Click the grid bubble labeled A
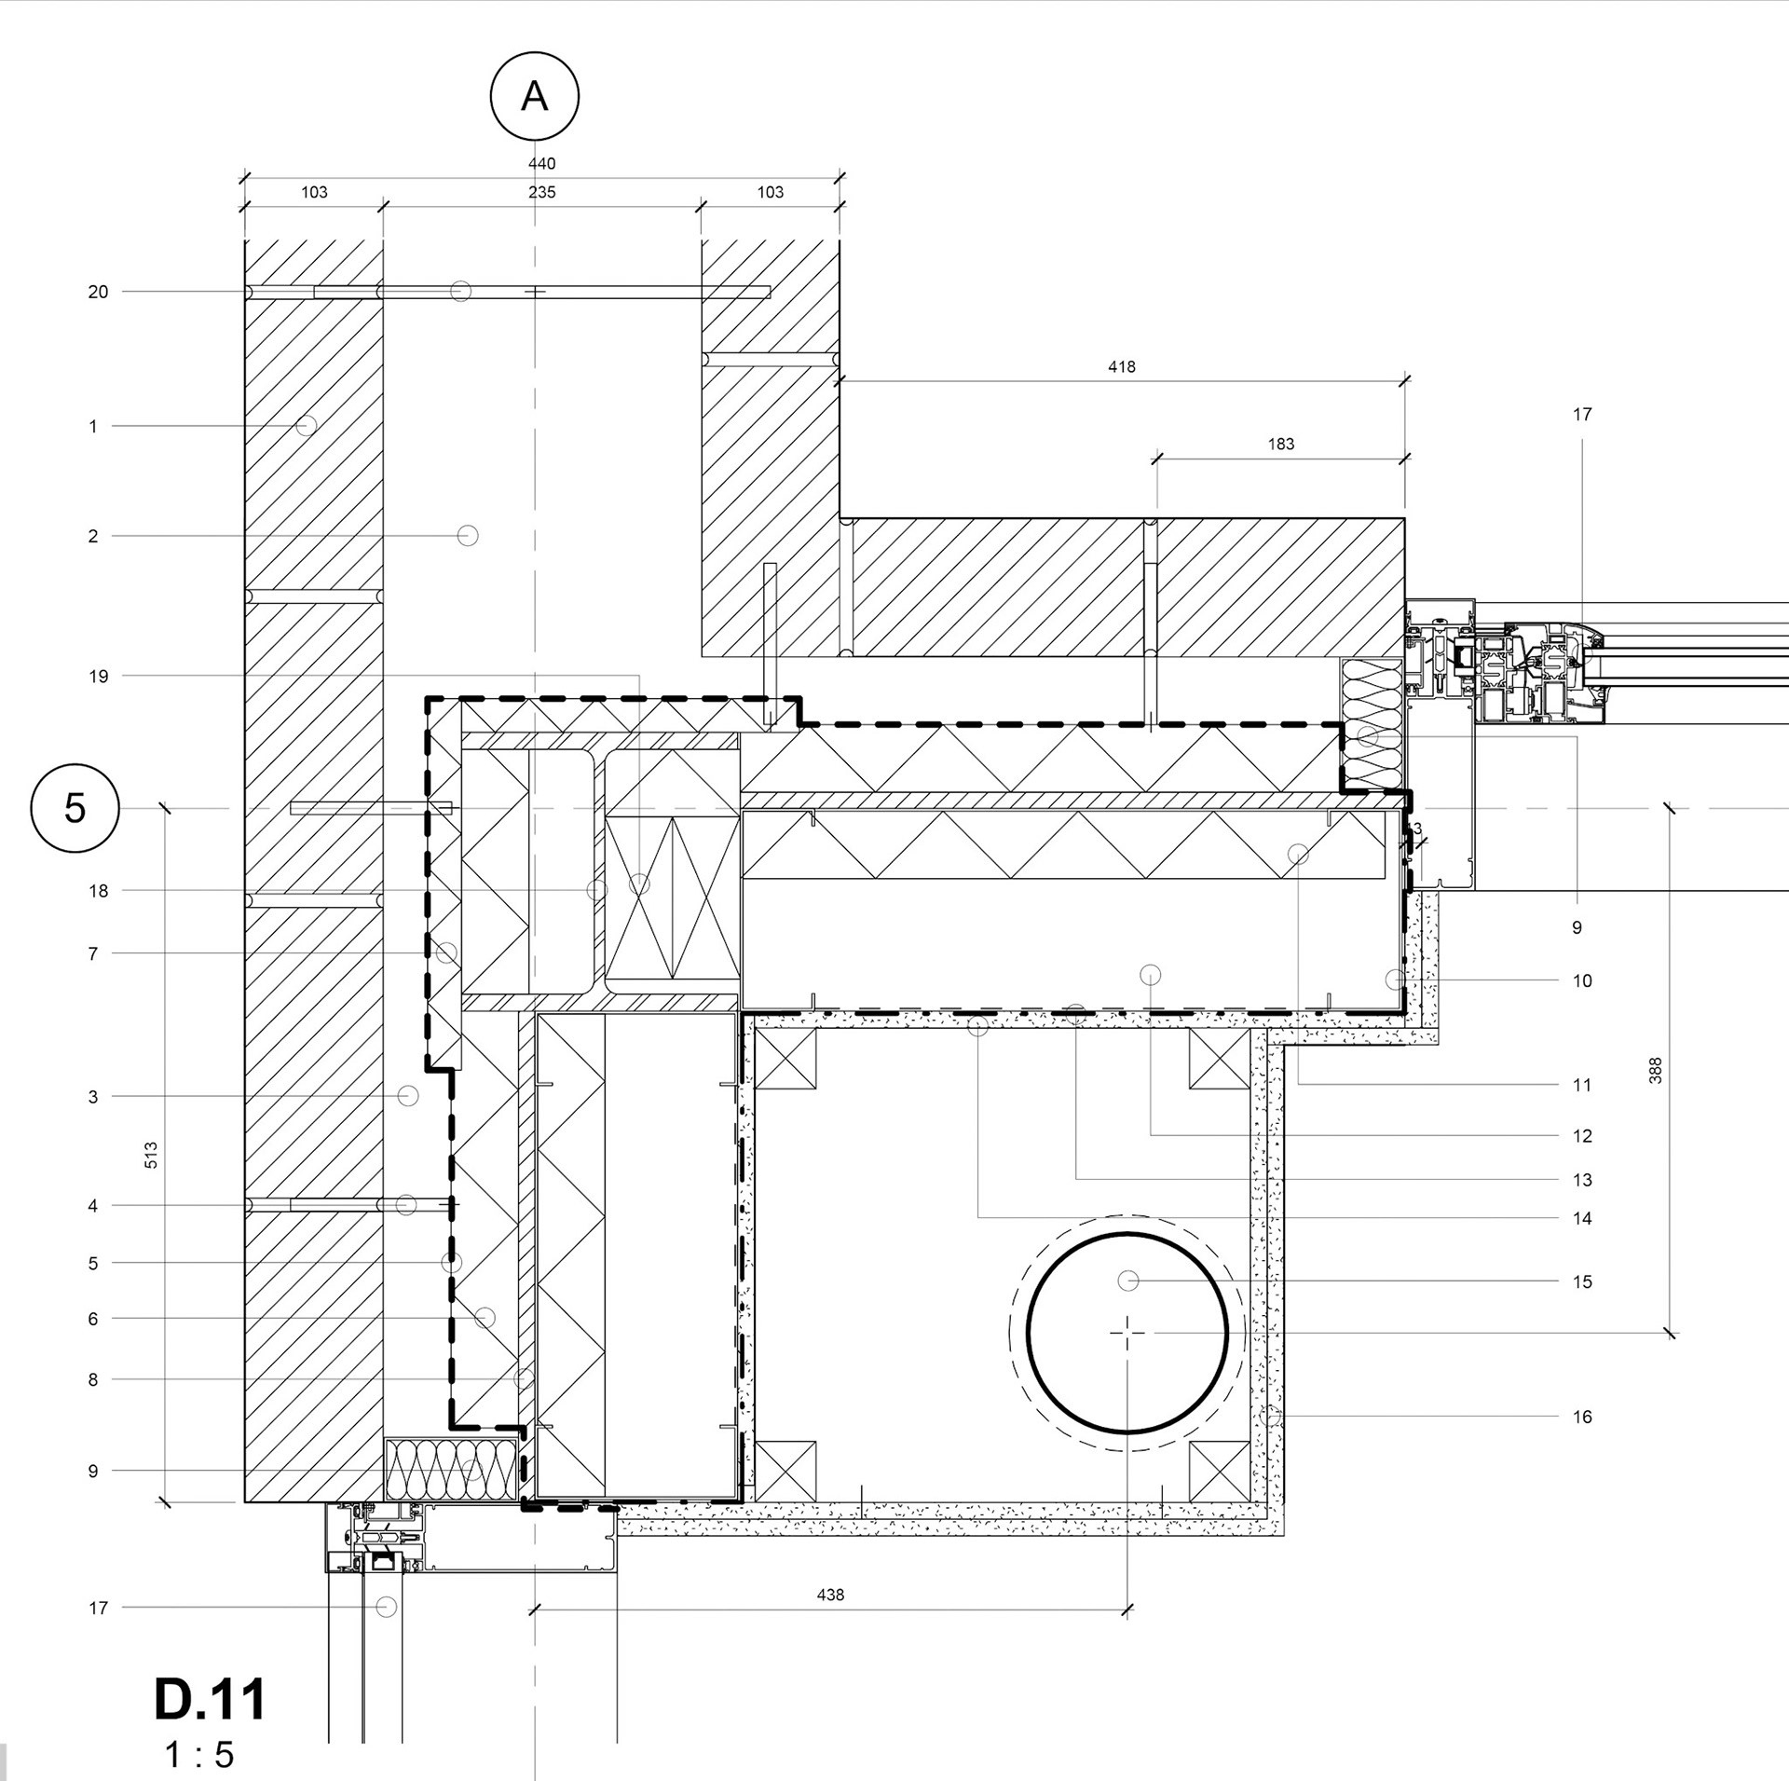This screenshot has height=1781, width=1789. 534,96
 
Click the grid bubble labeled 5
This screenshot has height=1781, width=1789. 75,808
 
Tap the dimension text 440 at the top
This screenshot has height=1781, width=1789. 541,164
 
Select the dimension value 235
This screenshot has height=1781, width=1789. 541,193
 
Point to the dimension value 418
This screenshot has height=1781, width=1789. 1122,367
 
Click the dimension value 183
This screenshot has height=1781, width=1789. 1281,445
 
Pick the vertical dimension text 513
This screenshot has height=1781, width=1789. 151,1156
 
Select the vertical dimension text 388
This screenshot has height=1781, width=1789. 1655,1070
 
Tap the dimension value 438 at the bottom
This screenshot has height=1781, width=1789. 830,1595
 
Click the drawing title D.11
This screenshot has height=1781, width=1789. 210,1699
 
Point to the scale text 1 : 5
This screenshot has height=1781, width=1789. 198,1755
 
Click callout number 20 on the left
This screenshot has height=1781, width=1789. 98,293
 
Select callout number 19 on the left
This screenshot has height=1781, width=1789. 98,677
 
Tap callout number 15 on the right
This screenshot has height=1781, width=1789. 1582,1281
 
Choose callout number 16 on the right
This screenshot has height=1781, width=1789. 1582,1417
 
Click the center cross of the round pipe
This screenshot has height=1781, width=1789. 1127,1334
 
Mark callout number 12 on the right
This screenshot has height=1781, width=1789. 1582,1136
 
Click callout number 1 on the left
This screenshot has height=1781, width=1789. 93,427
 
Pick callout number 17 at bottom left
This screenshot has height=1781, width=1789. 98,1608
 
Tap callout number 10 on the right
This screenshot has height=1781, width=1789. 1582,980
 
